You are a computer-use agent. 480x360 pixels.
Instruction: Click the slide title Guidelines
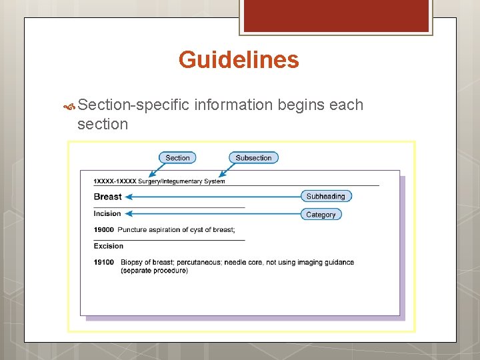click(239, 61)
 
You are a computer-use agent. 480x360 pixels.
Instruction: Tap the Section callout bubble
click(177, 158)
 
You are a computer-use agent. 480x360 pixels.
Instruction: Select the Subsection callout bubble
click(253, 158)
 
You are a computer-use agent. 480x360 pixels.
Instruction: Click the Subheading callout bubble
click(325, 196)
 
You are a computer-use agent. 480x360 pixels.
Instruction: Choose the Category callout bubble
click(321, 215)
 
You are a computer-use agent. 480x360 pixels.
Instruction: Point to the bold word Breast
click(107, 197)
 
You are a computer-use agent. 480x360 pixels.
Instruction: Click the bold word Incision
click(107, 214)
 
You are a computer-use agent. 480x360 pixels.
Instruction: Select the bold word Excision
click(109, 246)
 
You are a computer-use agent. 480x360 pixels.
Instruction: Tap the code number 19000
click(104, 230)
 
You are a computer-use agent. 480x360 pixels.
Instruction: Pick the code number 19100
click(104, 262)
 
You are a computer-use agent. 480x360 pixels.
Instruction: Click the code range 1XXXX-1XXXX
click(115, 181)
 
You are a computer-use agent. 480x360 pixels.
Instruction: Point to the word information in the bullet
click(233, 105)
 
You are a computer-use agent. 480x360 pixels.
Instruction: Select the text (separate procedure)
click(154, 271)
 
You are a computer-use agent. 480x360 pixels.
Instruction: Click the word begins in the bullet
click(301, 105)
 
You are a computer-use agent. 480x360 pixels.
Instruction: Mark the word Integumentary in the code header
click(193, 181)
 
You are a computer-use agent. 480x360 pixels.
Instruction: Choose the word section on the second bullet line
click(103, 124)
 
